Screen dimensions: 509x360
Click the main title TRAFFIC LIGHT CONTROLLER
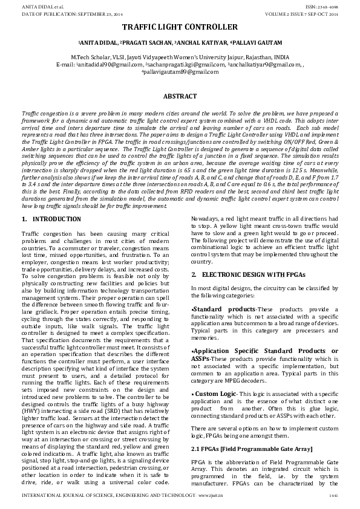pyautogui.click(x=180, y=28)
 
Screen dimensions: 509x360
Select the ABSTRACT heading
pyautogui.click(x=180, y=96)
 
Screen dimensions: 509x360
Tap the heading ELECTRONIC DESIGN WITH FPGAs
pyautogui.click(x=254, y=274)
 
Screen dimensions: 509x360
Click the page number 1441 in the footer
pyautogui.click(x=332, y=495)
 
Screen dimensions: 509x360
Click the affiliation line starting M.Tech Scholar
pyautogui.click(x=180, y=56)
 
